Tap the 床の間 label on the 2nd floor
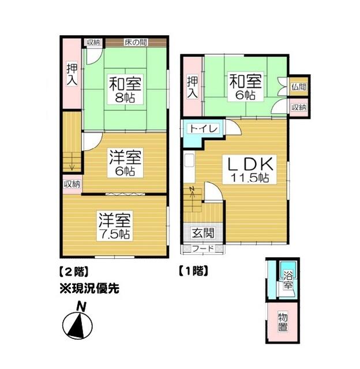135,42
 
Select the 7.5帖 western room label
114,226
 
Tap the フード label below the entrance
202,249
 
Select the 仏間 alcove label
298,86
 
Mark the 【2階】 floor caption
75,270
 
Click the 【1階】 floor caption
193,270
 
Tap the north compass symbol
80,324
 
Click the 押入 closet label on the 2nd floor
72,74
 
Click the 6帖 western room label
124,164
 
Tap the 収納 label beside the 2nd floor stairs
72,184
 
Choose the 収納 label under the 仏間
298,107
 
